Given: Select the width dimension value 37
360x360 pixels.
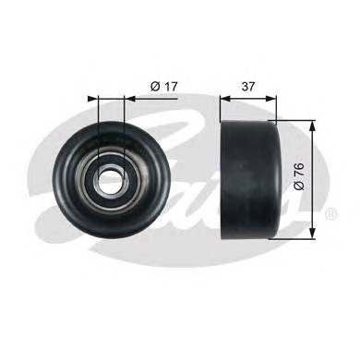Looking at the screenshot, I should pos(247,87).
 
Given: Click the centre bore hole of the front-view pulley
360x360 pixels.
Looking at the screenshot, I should pos(111,180).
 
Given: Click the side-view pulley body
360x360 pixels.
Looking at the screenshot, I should pos(255,179).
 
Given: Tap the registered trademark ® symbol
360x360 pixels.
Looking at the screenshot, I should pos(330,213).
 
